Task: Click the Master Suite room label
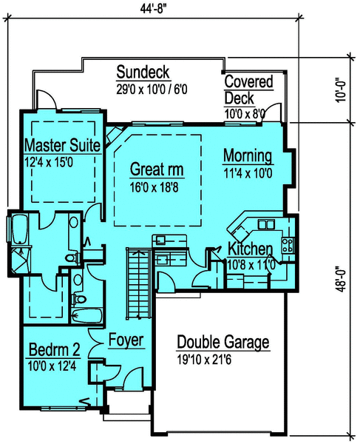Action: [x=63, y=145]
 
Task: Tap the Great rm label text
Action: [x=157, y=170]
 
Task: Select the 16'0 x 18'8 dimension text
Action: [x=157, y=187]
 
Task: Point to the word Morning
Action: [x=248, y=157]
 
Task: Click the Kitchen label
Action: [x=250, y=248]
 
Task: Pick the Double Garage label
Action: [x=223, y=343]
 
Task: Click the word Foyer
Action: [x=126, y=341]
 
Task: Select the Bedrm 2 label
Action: [x=55, y=349]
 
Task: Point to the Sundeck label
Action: [x=144, y=72]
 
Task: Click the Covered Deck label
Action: [x=248, y=89]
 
